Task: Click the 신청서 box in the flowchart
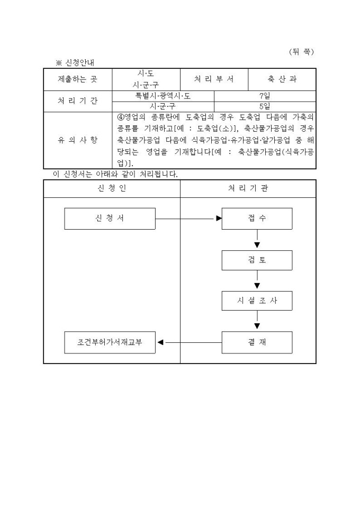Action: [110, 219]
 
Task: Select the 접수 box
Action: [257, 219]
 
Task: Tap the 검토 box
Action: [257, 260]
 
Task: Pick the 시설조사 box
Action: [257, 301]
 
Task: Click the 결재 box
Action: [257, 342]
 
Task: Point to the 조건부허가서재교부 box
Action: [110, 342]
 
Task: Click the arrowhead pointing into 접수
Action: [219, 219]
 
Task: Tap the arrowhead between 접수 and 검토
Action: [257, 245]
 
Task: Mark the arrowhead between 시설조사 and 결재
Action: [257, 326]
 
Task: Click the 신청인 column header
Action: [112, 188]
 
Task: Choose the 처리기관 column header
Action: [248, 188]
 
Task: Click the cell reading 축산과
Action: [282, 79]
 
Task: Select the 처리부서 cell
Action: [214, 79]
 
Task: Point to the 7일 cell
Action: [265, 96]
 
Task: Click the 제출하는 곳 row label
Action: [77, 79]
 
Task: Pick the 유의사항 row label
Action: [77, 140]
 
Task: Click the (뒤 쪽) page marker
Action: [302, 52]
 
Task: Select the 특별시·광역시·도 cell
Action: [163, 96]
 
